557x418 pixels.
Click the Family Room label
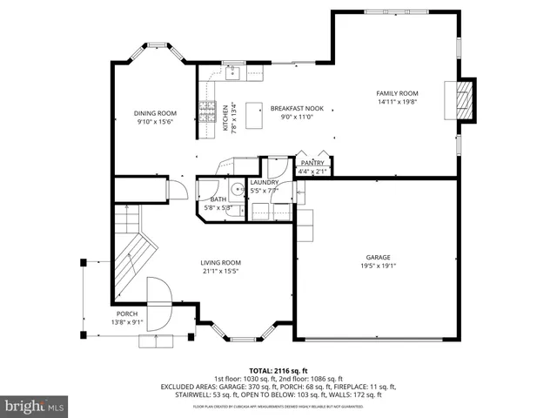(x=397, y=93)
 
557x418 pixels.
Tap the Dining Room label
(x=155, y=112)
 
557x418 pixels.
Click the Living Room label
(x=220, y=262)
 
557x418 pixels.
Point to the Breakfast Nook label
(x=297, y=108)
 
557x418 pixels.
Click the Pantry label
(x=312, y=163)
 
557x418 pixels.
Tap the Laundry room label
(x=265, y=182)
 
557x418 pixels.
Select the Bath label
(x=217, y=199)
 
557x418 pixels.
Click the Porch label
(x=127, y=313)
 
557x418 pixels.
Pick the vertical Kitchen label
(x=225, y=117)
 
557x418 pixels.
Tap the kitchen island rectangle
(x=255, y=114)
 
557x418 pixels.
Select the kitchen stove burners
(x=208, y=111)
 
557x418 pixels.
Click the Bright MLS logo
(x=34, y=406)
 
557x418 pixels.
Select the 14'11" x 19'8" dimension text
(x=397, y=102)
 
